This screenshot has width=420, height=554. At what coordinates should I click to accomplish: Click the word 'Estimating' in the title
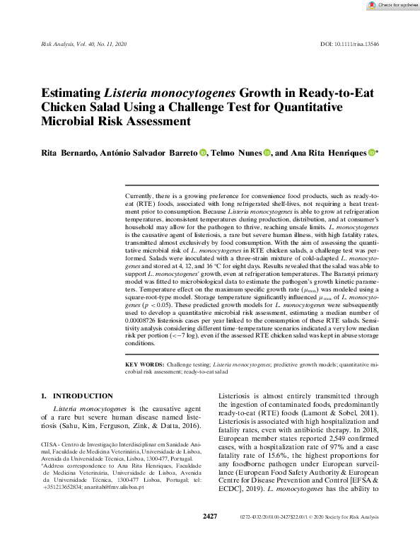71,93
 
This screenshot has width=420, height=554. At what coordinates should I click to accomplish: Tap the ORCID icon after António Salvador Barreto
202,152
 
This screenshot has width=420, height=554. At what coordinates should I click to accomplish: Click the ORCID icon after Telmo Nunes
267,152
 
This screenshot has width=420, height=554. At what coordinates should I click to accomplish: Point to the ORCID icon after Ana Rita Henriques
372,152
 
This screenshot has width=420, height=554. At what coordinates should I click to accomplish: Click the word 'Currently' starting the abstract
139,195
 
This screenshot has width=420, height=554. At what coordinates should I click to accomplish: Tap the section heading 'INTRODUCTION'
82,396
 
